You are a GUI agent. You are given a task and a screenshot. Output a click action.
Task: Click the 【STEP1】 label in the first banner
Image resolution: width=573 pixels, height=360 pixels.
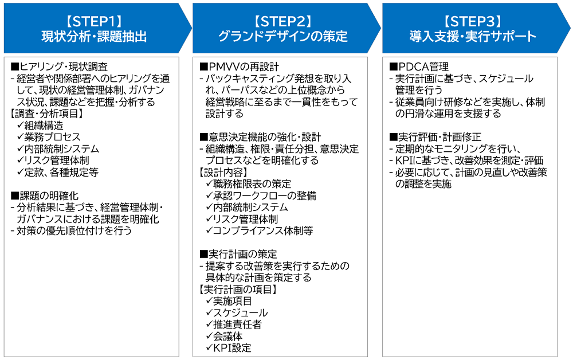click(x=94, y=22)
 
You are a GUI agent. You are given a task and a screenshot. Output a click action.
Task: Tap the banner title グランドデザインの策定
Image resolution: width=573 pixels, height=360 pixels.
click(x=283, y=37)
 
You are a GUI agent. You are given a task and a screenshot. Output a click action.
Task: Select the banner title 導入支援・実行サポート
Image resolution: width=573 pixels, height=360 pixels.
click(x=473, y=37)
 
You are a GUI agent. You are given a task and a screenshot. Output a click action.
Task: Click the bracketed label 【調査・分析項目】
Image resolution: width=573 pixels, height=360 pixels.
click(x=47, y=114)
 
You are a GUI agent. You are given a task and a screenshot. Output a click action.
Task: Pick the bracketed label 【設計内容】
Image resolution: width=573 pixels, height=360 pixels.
click(x=222, y=172)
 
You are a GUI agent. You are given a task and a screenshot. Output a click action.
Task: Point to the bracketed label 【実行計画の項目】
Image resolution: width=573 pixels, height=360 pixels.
click(x=238, y=289)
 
